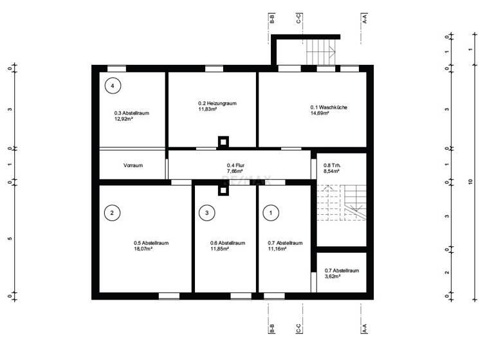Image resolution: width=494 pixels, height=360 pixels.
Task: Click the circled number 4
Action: tap(113, 85)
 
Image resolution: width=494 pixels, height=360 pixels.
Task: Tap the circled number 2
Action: tap(112, 213)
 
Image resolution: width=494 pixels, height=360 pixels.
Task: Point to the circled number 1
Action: tap(271, 213)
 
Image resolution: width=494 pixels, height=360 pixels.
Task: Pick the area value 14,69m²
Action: tap(319, 113)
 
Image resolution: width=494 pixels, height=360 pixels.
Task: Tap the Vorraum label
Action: tap(133, 166)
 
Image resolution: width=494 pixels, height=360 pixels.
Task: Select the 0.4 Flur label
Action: tap(235, 166)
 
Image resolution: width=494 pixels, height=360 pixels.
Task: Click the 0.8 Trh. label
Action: tap(332, 166)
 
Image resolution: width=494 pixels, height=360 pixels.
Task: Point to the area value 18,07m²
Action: tap(143, 248)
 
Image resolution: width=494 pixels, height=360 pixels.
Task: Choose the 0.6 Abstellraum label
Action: tap(228, 243)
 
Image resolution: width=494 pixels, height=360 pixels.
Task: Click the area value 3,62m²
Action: tap(333, 276)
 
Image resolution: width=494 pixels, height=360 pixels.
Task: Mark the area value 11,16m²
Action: tap(277, 248)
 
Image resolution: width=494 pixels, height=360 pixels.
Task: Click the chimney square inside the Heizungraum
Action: tap(223, 141)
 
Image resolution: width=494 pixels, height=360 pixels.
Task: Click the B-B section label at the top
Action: tap(272, 19)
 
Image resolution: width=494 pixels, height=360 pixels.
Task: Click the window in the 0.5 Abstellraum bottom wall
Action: tap(169, 296)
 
